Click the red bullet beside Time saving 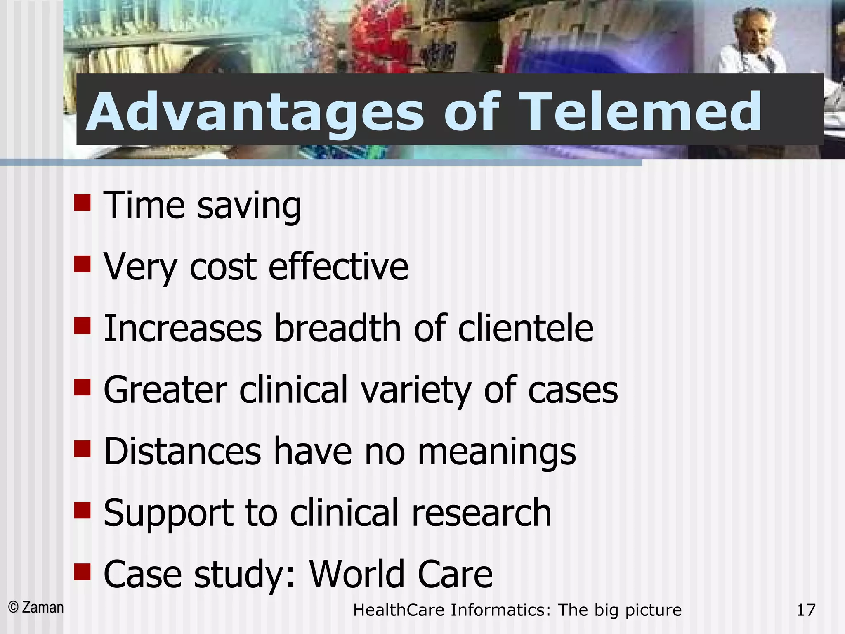tap(82, 203)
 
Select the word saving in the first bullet tap(249, 206)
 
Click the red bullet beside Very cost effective tap(82, 265)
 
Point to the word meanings tap(497, 452)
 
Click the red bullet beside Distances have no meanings tap(82, 449)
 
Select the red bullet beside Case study tap(82, 572)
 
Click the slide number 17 tap(806, 610)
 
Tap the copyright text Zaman tap(42, 607)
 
